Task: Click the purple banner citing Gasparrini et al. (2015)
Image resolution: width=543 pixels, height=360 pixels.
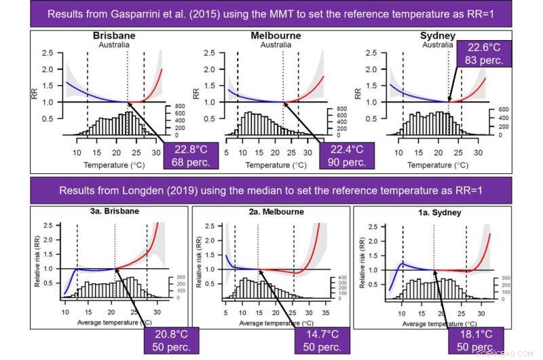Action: click(271, 14)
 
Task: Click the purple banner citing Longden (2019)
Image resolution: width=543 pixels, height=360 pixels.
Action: click(271, 191)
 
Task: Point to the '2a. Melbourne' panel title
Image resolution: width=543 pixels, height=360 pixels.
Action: click(270, 212)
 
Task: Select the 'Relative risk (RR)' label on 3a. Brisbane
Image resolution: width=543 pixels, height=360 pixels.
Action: click(37, 260)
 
